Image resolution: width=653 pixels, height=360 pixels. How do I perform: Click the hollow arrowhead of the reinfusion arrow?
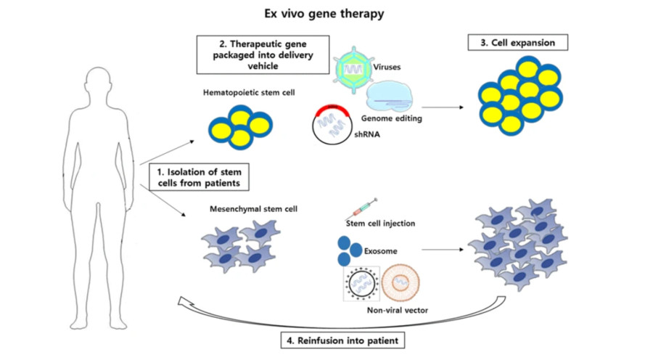(x=189, y=302)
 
